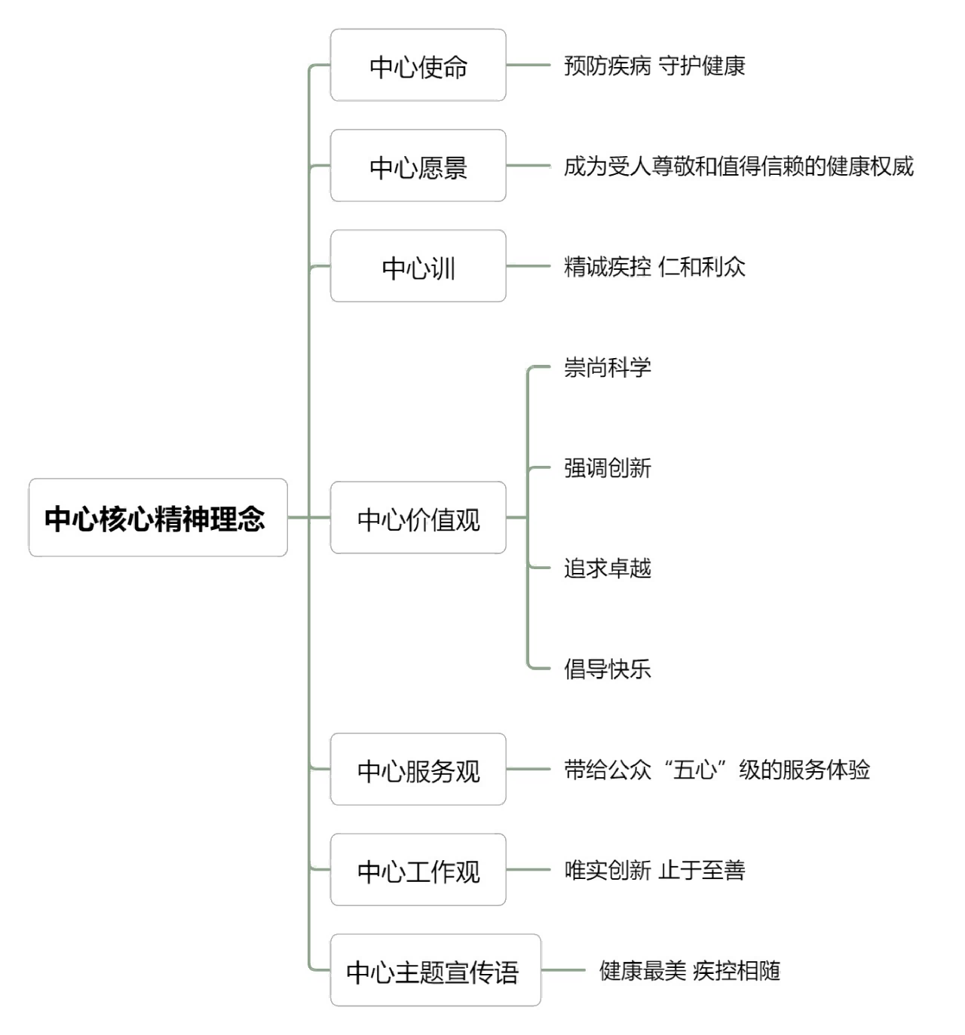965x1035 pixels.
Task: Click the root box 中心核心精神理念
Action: tap(158, 517)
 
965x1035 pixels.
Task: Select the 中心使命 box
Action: tap(418, 65)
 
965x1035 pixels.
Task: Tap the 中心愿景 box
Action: tap(418, 166)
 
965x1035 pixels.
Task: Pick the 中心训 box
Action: tap(418, 266)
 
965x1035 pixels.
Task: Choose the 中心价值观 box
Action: tap(418, 517)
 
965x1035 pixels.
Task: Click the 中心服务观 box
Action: tap(418, 769)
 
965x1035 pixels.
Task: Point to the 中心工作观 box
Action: tap(418, 869)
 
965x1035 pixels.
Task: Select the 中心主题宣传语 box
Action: tap(435, 970)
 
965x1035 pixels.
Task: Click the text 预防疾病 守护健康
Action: tap(654, 66)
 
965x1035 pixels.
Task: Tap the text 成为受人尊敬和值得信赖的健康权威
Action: tap(739, 167)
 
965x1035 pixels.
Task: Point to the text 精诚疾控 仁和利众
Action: tap(654, 267)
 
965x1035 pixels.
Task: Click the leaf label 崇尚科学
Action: tap(608, 367)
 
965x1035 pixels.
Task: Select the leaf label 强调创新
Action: tap(608, 468)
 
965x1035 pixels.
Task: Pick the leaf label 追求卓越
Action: tap(608, 568)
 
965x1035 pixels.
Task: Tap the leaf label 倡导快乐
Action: tap(608, 669)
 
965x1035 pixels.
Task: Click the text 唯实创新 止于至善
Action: tap(654, 870)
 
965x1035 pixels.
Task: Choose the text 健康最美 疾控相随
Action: tap(689, 970)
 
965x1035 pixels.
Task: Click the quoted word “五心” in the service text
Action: tap(695, 769)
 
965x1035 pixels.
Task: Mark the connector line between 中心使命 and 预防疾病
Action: tap(528, 65)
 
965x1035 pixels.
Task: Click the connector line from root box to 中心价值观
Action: tap(308, 517)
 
